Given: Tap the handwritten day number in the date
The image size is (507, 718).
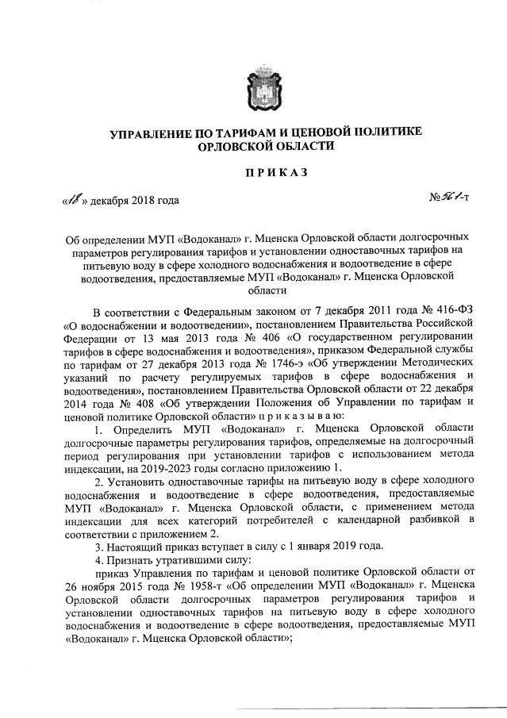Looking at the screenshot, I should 76,199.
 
